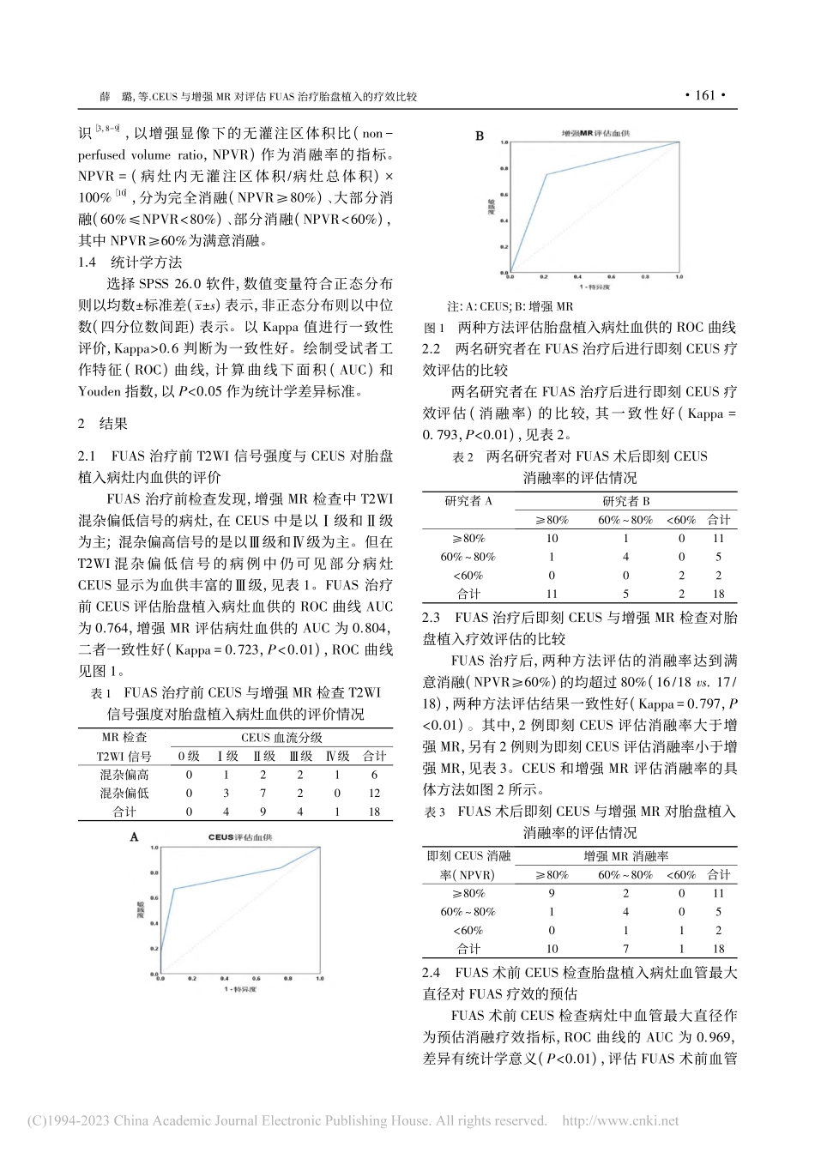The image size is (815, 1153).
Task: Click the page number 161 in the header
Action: [x=704, y=96]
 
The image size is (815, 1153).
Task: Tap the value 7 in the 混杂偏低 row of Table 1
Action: [x=263, y=794]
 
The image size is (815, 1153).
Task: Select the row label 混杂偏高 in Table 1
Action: [x=124, y=775]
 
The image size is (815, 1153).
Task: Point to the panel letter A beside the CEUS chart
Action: [x=134, y=837]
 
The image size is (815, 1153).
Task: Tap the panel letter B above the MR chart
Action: [x=480, y=136]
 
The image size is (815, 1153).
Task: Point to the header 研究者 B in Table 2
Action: [x=626, y=500]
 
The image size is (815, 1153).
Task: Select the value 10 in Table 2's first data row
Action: [x=552, y=538]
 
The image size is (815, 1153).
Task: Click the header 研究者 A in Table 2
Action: [x=468, y=500]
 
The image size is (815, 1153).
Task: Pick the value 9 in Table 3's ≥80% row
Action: [x=552, y=893]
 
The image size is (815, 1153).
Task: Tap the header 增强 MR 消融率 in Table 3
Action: [x=626, y=855]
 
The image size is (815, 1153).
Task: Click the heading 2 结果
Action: [x=102, y=423]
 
